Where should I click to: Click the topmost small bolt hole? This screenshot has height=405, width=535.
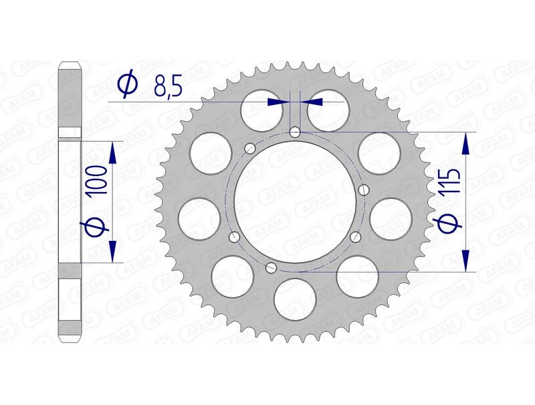(296, 133)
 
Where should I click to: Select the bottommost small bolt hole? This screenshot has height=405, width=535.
(271, 268)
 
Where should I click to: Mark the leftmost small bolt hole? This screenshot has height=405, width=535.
(233, 237)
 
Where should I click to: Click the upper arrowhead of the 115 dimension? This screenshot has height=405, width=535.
(466, 143)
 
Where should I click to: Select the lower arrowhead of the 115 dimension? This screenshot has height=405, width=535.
(466, 262)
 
